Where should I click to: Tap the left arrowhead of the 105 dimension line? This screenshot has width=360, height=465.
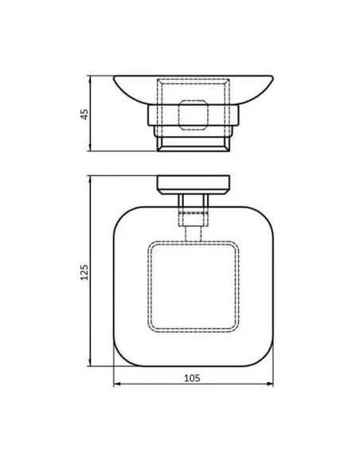pos(116,386)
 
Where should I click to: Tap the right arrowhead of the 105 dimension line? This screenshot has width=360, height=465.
pos(271,386)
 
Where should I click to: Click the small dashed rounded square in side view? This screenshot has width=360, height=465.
pos(194,114)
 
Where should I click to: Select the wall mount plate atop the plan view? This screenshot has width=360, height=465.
pos(193,182)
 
